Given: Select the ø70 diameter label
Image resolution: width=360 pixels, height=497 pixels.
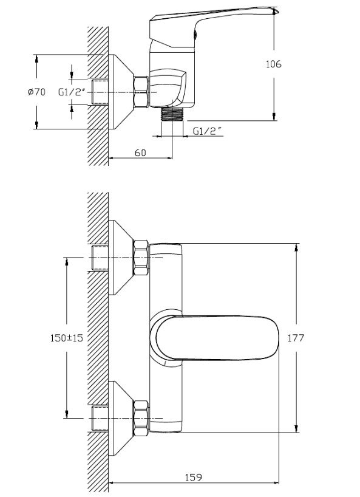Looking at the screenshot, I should tap(37, 92).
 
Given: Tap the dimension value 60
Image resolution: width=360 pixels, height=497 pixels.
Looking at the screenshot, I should tap(140, 153).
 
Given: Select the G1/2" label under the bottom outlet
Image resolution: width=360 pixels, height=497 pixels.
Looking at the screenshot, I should tap(206, 131).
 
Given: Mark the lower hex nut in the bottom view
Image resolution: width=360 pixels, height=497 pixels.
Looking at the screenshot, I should tap(141, 418).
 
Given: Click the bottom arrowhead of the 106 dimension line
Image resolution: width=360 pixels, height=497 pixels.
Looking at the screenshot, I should tap(274, 118).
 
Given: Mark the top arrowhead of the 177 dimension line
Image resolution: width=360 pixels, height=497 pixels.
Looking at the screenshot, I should tap(296, 247).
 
